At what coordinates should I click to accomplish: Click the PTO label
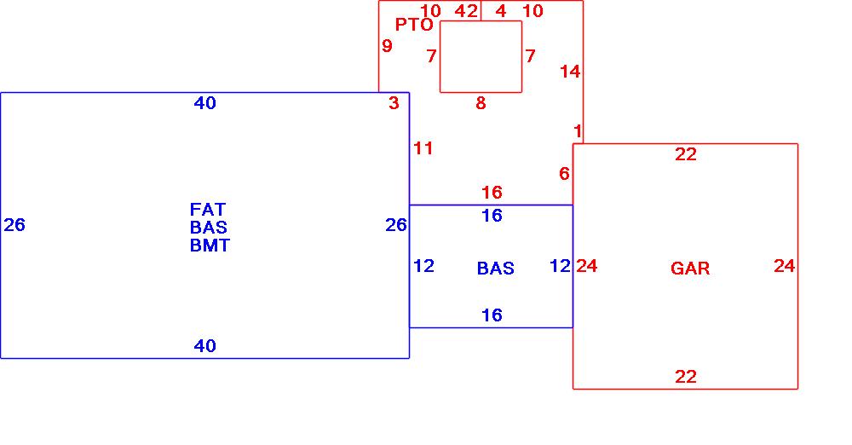tap(414, 25)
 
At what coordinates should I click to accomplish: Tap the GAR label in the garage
tap(690, 269)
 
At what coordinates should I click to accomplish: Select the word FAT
tap(208, 209)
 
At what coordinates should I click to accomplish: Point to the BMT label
tap(210, 246)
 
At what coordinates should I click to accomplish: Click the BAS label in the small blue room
tap(495, 269)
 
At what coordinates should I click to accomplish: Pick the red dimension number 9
tap(387, 46)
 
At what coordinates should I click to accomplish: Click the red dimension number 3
tap(394, 104)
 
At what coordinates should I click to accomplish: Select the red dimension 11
tap(423, 148)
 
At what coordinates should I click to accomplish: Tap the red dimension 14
tap(570, 72)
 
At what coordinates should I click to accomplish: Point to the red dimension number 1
tap(578, 131)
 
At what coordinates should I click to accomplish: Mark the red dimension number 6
tap(564, 174)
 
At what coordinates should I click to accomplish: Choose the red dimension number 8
tap(481, 103)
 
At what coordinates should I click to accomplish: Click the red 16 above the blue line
tap(492, 193)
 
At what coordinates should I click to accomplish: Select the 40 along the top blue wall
tap(205, 103)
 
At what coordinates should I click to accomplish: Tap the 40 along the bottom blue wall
tap(205, 346)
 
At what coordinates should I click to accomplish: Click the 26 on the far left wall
tap(14, 225)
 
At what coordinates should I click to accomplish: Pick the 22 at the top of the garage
tap(686, 154)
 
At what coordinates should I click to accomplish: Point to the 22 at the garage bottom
tap(686, 377)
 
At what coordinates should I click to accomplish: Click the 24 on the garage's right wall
tap(785, 266)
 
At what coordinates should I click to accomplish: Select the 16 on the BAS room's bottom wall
tap(492, 315)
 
